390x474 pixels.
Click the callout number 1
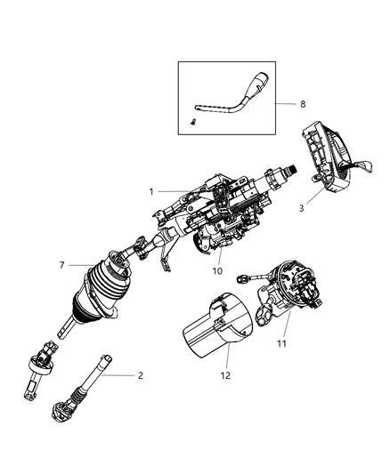click(x=152, y=191)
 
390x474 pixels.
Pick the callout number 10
click(x=217, y=270)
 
